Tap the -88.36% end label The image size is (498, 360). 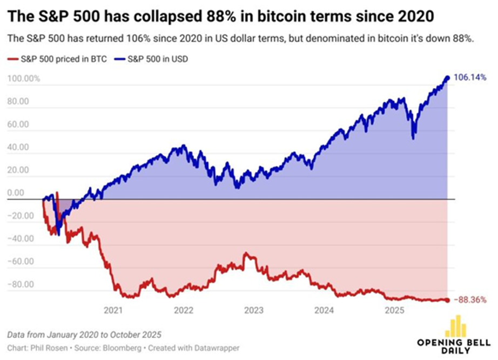471,299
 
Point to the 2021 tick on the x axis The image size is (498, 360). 113,311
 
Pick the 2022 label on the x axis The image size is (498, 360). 184,311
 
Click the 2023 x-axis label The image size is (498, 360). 254,311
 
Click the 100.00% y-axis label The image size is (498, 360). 24,79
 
